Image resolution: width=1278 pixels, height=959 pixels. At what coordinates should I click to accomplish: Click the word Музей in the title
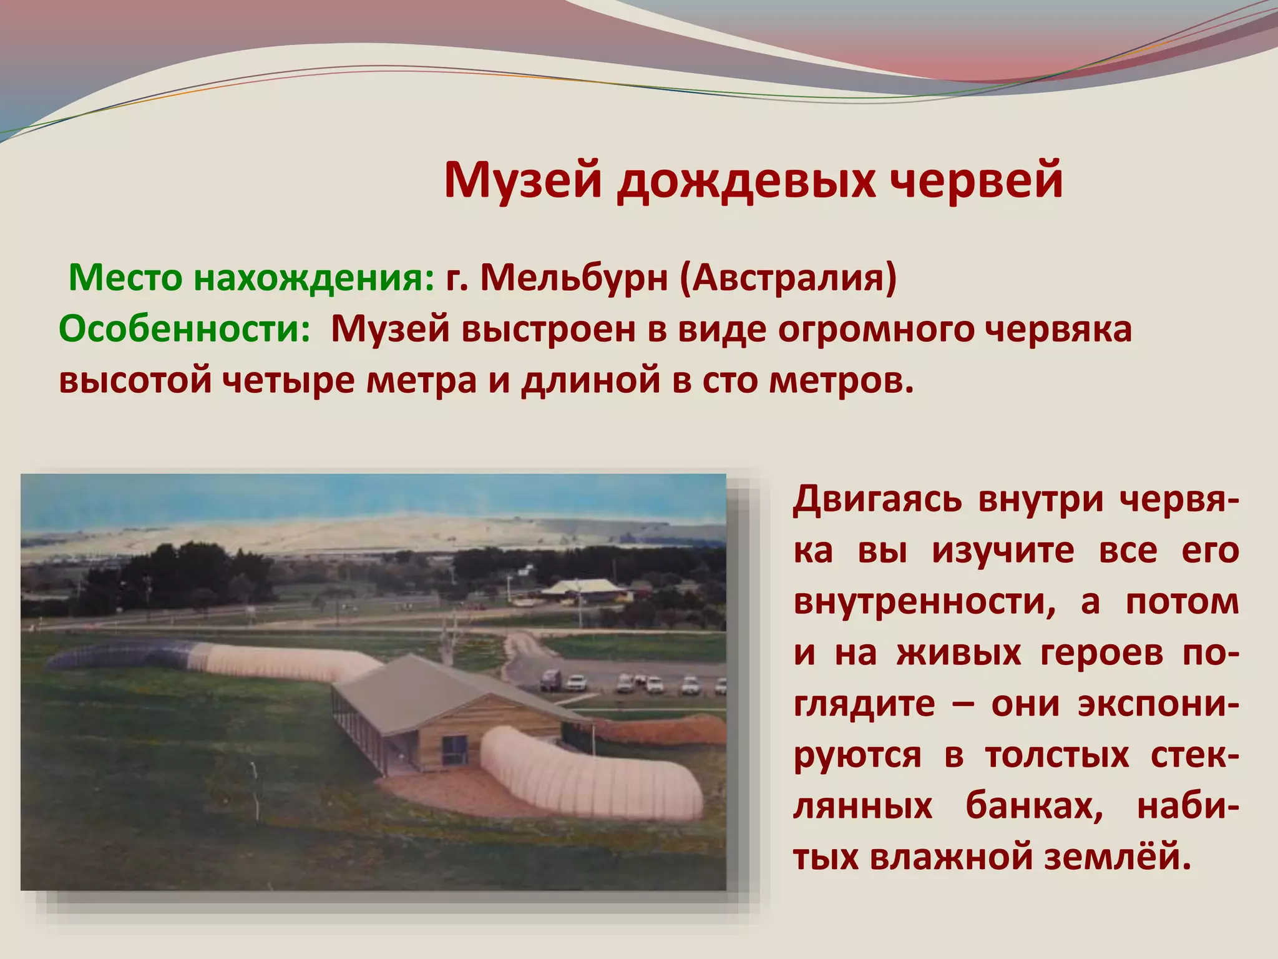click(523, 181)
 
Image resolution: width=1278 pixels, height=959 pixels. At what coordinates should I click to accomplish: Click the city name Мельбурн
click(573, 278)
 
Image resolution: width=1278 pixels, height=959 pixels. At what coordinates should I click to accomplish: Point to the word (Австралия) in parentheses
click(788, 278)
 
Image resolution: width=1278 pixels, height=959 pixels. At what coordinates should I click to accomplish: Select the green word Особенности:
click(185, 329)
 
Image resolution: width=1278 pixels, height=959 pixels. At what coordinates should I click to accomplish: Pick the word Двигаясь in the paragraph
click(877, 499)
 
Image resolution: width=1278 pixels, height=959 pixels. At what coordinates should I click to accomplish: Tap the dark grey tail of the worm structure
click(112, 656)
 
